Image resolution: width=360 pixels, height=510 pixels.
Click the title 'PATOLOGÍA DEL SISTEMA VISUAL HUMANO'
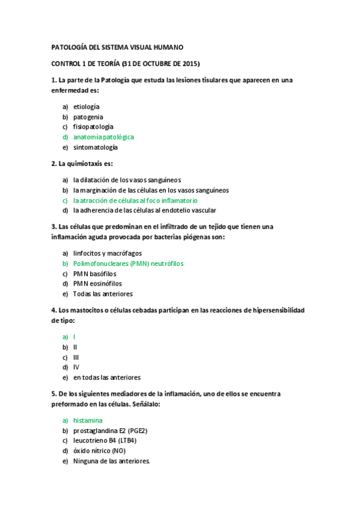pos(117,47)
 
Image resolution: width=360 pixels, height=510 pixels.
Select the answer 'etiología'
pos(87,106)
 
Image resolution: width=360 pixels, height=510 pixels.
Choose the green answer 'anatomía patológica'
pos(103,137)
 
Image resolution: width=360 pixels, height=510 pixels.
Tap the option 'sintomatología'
pos(96,147)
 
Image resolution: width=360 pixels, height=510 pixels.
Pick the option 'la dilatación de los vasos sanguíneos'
pos(127,180)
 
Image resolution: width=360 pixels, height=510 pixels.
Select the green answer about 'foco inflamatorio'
pos(135,200)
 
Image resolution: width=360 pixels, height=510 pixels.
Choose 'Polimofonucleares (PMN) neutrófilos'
pos(128,263)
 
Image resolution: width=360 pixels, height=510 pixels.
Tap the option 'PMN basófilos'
pos(95,274)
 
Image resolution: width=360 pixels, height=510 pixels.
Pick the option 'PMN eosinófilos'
pos(97,283)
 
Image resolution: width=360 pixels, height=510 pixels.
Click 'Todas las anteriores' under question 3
pos(103,294)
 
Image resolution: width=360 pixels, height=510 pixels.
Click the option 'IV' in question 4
pos(76,367)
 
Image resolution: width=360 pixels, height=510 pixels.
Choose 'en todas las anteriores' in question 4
pos(107,378)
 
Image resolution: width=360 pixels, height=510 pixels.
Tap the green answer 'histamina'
pos(88,420)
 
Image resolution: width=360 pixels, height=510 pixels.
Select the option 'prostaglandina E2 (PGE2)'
pos(111,431)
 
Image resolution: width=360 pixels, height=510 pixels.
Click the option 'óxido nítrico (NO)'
pos(100,451)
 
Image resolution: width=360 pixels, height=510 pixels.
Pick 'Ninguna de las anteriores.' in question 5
pos(111,461)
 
